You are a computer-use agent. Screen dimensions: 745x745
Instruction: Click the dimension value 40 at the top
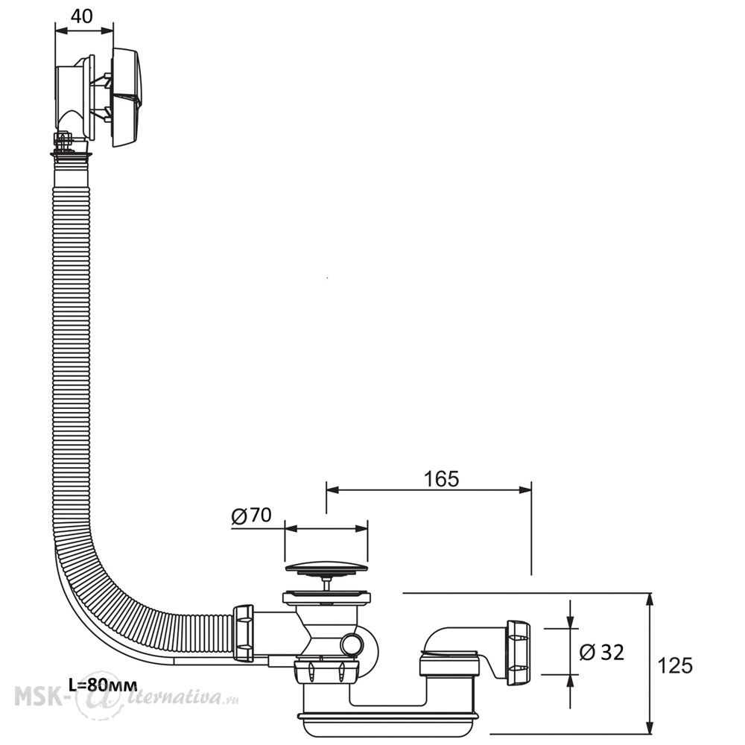[x=81, y=16]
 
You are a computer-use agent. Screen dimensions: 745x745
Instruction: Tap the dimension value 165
[x=441, y=479]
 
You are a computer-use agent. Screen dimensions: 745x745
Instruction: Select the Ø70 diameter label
[x=251, y=516]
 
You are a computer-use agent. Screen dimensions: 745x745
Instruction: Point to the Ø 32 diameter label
[x=601, y=653]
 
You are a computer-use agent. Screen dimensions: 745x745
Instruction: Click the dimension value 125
[x=675, y=665]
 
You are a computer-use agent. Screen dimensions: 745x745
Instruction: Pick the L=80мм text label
[x=103, y=685]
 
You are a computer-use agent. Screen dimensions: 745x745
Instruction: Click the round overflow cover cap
[x=125, y=96]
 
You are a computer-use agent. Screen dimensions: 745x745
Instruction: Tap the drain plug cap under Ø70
[x=326, y=568]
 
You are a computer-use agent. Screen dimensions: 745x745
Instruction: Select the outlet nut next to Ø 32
[x=518, y=653]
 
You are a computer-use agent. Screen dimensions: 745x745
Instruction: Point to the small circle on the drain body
[x=352, y=644]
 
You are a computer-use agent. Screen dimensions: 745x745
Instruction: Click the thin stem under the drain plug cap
[x=326, y=583]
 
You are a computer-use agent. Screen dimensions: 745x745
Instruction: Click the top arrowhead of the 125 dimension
[x=650, y=600]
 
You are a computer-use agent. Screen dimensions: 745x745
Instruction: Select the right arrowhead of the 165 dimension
[x=524, y=490]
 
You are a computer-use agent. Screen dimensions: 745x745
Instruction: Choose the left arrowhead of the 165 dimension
[x=332, y=490]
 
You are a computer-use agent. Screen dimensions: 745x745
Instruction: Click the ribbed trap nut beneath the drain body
[x=326, y=671]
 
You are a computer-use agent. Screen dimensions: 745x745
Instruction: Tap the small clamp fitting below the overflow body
[x=63, y=140]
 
